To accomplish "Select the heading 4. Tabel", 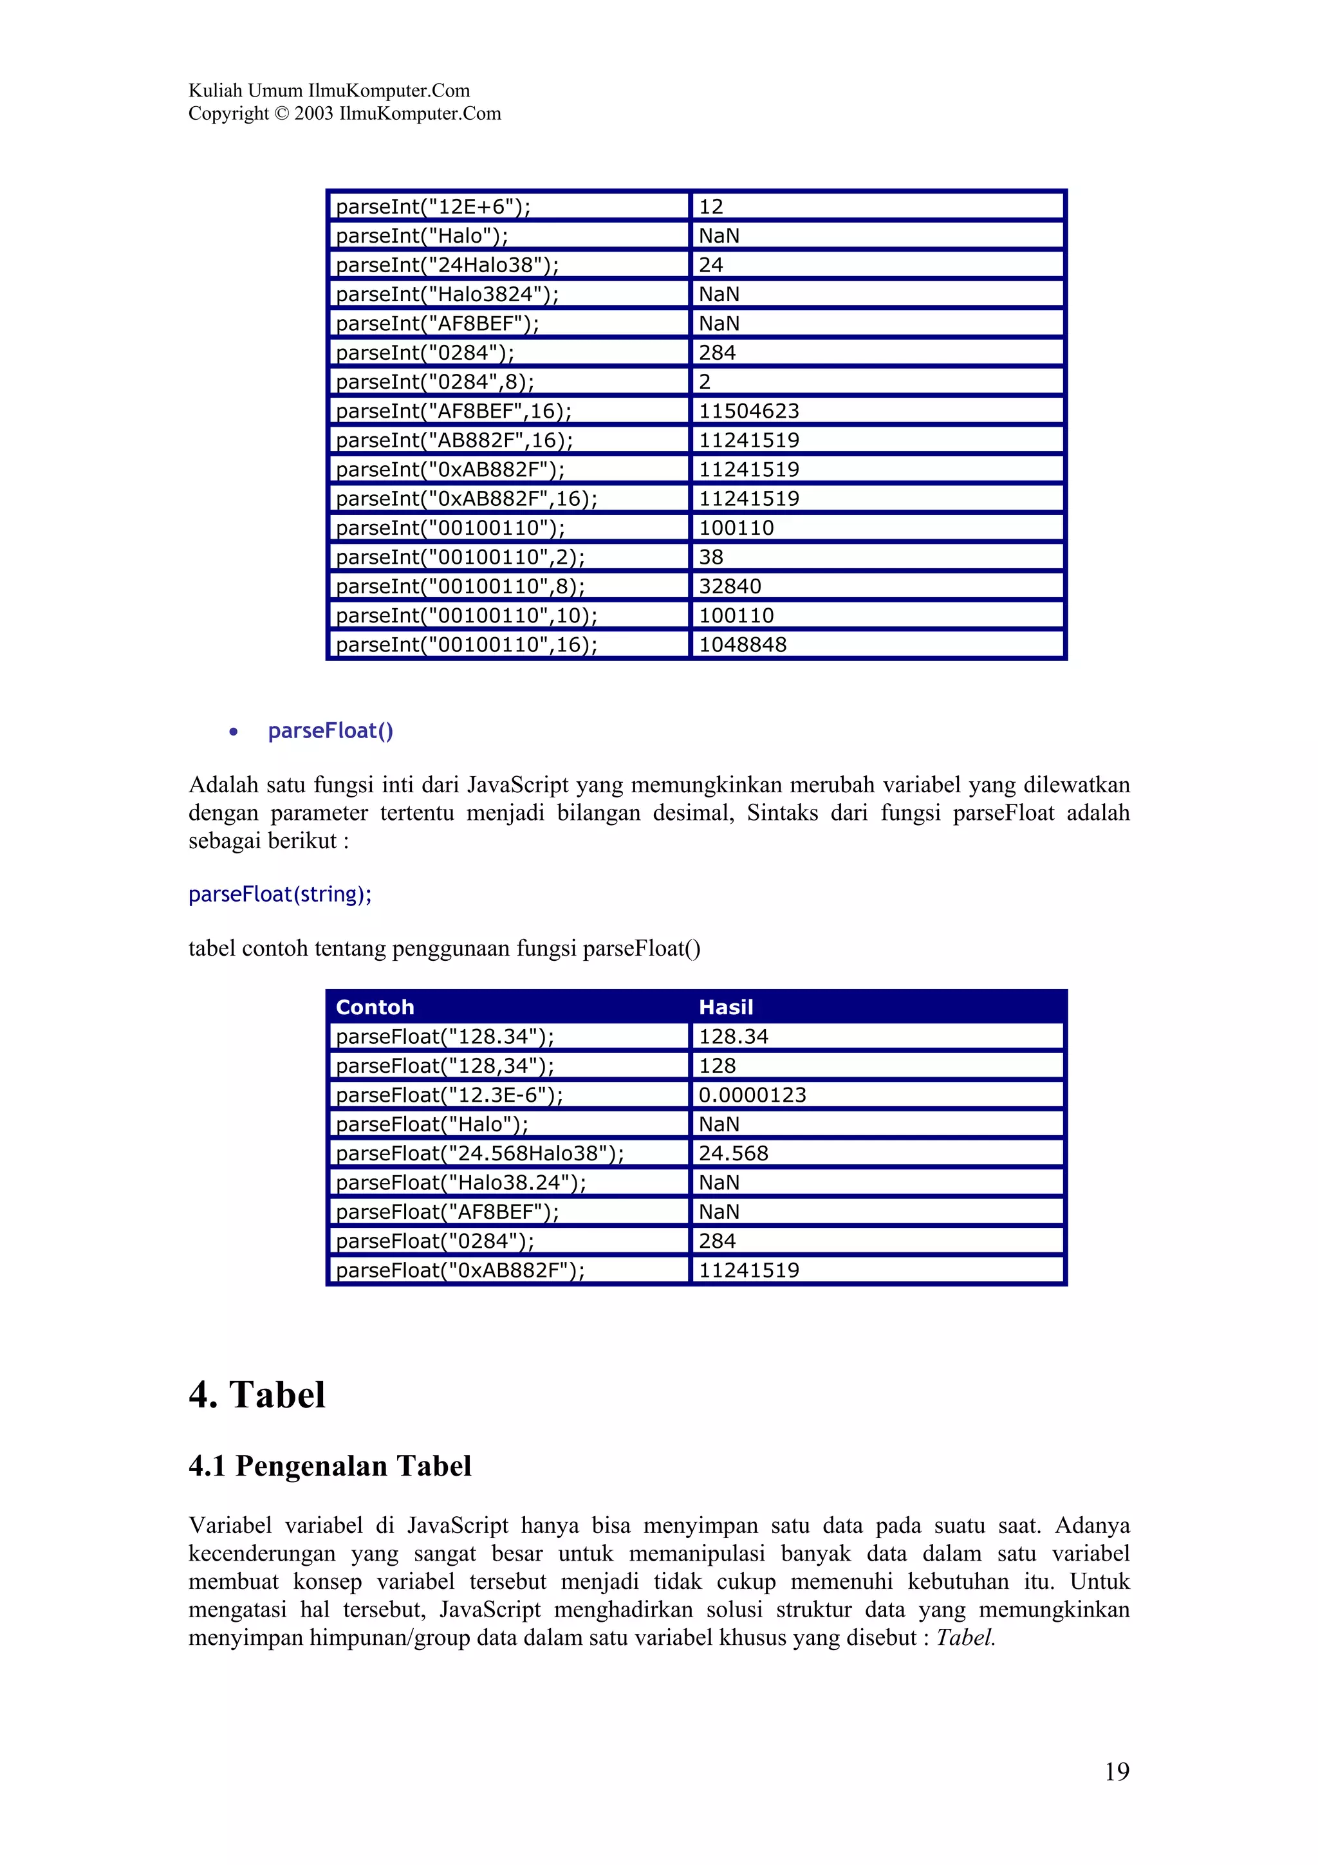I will click(x=257, y=1395).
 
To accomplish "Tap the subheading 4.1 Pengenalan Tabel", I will click(x=329, y=1466).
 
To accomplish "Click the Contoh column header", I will click(x=375, y=1007).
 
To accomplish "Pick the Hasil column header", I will click(x=726, y=1007).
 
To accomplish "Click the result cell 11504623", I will click(x=748, y=411).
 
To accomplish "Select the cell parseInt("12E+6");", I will click(x=433, y=207).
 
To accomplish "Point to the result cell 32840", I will click(x=730, y=586).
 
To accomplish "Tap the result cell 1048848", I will click(x=742, y=645).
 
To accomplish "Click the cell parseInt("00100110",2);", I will click(x=459, y=557).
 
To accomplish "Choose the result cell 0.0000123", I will click(x=752, y=1095).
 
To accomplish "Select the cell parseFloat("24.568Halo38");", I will click(x=479, y=1153).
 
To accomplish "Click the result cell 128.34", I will click(x=733, y=1037).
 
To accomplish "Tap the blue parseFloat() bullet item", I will click(x=331, y=731).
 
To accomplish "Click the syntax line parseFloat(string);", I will click(x=280, y=895).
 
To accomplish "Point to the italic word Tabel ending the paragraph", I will click(x=965, y=1638).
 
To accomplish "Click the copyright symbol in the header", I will click(x=282, y=114).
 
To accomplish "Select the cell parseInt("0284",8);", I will click(x=434, y=382).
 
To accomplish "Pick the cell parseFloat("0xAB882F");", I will click(x=459, y=1270).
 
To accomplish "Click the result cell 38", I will click(x=710, y=557).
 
